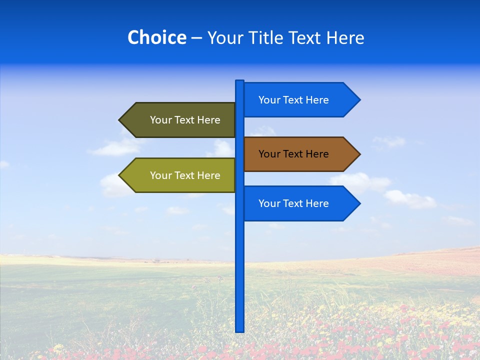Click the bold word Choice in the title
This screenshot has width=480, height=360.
(156, 37)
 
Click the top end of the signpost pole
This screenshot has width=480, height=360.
(239, 81)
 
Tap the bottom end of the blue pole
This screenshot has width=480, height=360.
(239, 330)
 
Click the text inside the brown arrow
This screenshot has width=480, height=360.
(293, 154)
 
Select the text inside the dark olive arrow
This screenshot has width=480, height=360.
(185, 120)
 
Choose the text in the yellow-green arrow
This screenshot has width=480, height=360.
(185, 175)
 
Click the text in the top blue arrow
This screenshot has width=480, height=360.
(293, 100)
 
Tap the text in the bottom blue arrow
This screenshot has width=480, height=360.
(293, 203)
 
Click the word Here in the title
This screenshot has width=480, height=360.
(345, 37)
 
